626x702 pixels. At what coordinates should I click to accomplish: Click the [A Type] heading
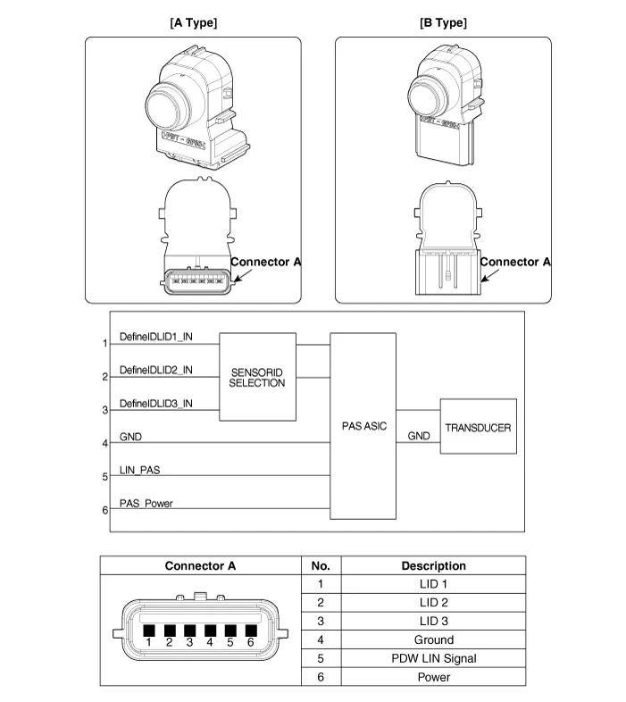pyautogui.click(x=193, y=22)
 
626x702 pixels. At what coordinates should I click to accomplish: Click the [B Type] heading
pyautogui.click(x=443, y=22)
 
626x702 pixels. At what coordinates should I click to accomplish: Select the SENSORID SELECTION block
pyautogui.click(x=257, y=377)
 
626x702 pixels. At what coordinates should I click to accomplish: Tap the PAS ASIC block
pyautogui.click(x=363, y=426)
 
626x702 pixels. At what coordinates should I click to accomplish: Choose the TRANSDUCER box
pyautogui.click(x=478, y=428)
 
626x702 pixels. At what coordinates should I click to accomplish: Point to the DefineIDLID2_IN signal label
pyautogui.click(x=156, y=370)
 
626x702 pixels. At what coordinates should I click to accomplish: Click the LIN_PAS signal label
pyautogui.click(x=140, y=469)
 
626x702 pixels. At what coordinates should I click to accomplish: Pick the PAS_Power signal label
pyautogui.click(x=146, y=504)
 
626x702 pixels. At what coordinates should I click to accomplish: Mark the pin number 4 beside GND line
pyautogui.click(x=105, y=443)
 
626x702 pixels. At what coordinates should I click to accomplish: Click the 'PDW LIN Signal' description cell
pyautogui.click(x=433, y=658)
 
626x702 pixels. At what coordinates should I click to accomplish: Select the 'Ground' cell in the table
pyautogui.click(x=433, y=639)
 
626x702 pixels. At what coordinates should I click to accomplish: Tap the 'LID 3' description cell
pyautogui.click(x=433, y=621)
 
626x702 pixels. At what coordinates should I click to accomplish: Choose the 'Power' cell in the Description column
pyautogui.click(x=433, y=677)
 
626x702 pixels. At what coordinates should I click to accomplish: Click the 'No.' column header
pyautogui.click(x=321, y=565)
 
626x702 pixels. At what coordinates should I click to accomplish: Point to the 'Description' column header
pyautogui.click(x=433, y=565)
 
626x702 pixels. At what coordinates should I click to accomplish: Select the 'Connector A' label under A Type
pyautogui.click(x=265, y=262)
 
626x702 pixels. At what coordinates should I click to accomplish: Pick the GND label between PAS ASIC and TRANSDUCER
pyautogui.click(x=419, y=436)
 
